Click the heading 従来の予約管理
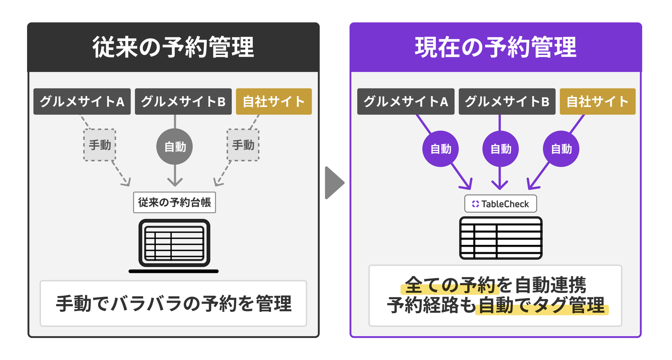(x=173, y=48)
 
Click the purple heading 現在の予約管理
(x=496, y=48)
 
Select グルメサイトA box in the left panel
(x=82, y=102)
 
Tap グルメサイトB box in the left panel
(x=183, y=102)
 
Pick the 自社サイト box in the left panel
(x=273, y=102)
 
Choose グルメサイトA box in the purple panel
(x=406, y=102)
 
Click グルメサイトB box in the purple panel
(x=507, y=102)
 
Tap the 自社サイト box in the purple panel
(x=597, y=102)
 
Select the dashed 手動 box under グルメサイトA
(x=100, y=145)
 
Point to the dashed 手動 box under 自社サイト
(x=243, y=145)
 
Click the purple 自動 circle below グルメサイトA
(x=441, y=149)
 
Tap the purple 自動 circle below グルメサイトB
(x=501, y=149)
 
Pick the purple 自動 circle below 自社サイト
(x=561, y=149)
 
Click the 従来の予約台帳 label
(x=175, y=203)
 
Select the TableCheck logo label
(x=500, y=204)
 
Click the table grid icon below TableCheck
(x=500, y=238)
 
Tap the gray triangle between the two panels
(x=334, y=182)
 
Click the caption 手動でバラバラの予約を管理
(x=173, y=303)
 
